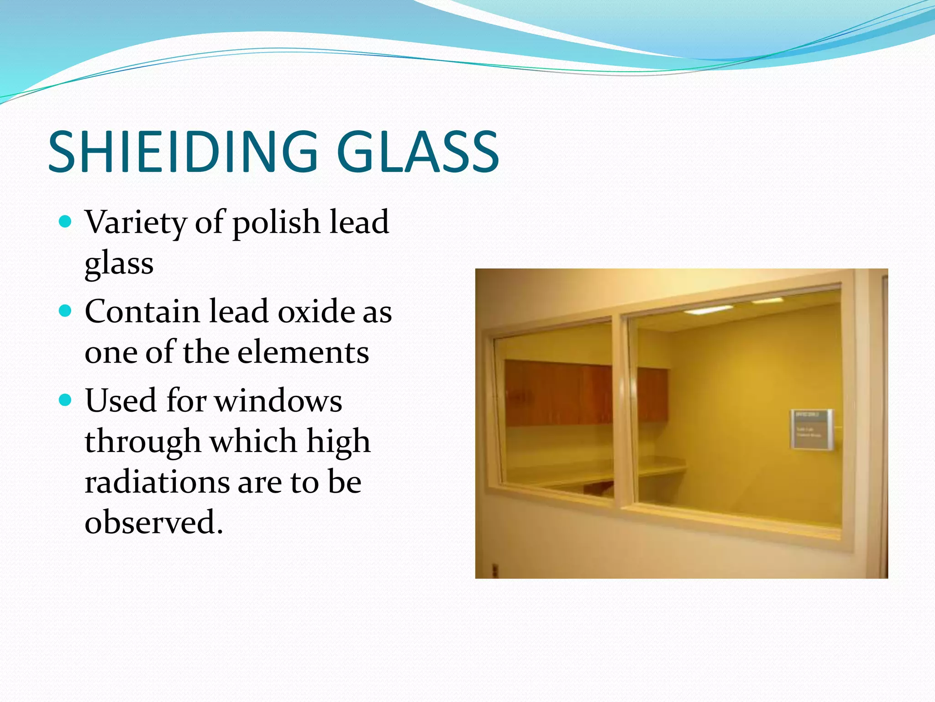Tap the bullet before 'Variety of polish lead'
[x=66, y=222]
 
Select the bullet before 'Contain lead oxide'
[x=66, y=311]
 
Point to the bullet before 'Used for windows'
[x=66, y=400]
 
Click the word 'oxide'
[x=316, y=312]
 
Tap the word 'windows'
[x=278, y=401]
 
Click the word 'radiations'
[x=157, y=482]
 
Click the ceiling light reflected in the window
[x=709, y=310]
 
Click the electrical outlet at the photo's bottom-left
[x=494, y=569]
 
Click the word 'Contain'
[x=142, y=312]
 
